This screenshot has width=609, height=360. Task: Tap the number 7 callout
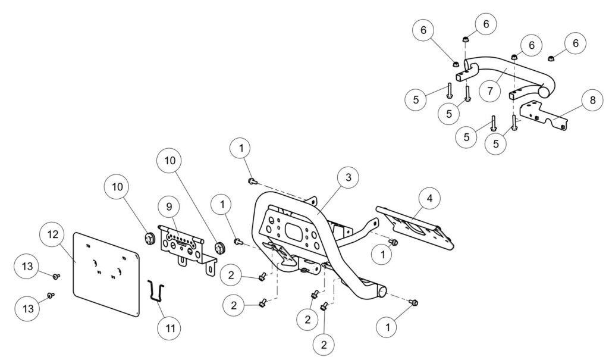(489, 91)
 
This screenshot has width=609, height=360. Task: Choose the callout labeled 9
(169, 207)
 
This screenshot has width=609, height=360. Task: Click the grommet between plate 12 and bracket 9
(149, 239)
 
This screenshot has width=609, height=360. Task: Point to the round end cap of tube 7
(544, 92)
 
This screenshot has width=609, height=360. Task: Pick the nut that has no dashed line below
(551, 58)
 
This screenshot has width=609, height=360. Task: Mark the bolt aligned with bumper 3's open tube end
(414, 303)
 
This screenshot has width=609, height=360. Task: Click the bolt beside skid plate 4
(393, 242)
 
